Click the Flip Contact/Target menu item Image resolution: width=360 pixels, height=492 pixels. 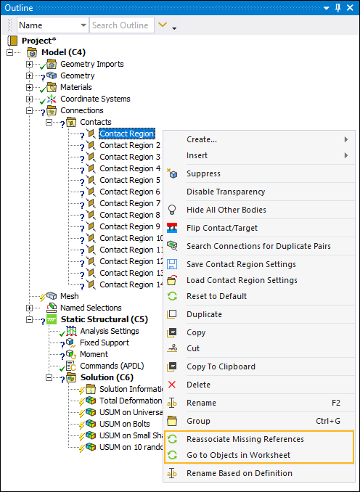[x=222, y=228]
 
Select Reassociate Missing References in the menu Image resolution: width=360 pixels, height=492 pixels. [x=245, y=439]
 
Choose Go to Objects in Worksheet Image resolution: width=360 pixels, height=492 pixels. [x=238, y=455]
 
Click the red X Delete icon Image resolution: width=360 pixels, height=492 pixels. [x=172, y=385]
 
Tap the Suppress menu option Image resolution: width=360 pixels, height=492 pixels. [x=203, y=174]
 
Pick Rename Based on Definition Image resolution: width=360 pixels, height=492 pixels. [x=240, y=473]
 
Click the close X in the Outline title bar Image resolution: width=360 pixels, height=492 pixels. [x=350, y=8]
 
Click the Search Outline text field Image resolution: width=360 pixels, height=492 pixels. [x=122, y=25]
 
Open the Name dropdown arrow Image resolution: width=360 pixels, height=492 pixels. [x=83, y=25]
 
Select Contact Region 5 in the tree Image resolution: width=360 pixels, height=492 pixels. [x=130, y=180]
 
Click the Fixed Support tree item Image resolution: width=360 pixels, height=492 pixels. [x=105, y=343]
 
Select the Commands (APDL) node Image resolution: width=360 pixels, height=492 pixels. [x=112, y=366]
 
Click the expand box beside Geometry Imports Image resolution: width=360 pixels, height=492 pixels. [x=29, y=64]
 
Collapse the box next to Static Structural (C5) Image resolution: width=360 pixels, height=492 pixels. [x=29, y=319]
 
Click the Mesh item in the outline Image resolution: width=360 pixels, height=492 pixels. [x=70, y=296]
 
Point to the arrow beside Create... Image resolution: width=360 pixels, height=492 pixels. [x=346, y=139]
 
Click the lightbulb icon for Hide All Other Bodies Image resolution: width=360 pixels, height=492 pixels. [x=172, y=210]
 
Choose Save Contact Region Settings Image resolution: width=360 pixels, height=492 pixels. [x=241, y=264]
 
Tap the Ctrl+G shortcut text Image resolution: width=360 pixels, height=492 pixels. [x=328, y=421]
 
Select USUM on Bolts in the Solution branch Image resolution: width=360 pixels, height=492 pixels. [x=125, y=424]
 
